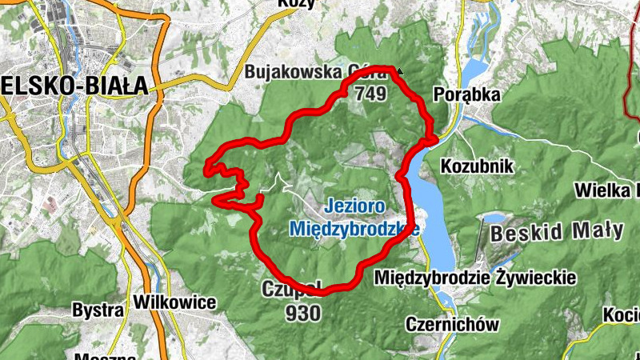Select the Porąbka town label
(x=466, y=94)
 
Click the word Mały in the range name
(x=597, y=231)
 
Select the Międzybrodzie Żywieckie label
(x=475, y=278)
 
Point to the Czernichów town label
(x=453, y=324)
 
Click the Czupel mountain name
(x=292, y=288)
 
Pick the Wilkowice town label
(x=175, y=302)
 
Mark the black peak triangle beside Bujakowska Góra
(x=400, y=70)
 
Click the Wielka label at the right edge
(x=608, y=190)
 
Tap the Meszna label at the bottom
(x=100, y=355)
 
